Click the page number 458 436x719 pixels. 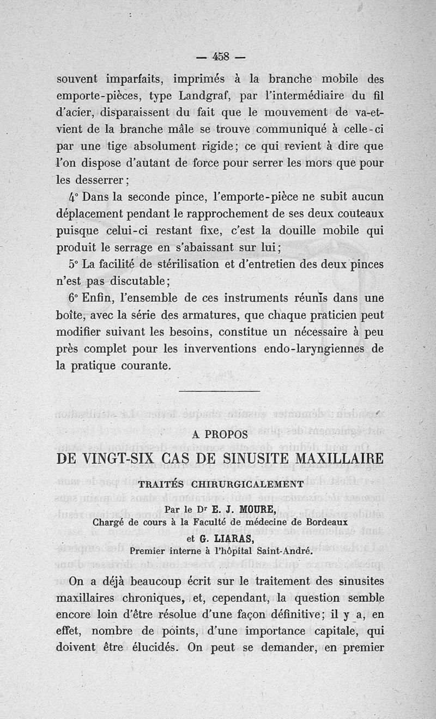tap(221, 56)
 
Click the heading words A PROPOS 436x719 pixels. tap(220, 434)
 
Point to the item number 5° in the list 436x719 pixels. tap(74, 265)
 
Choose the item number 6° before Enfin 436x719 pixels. tap(74, 298)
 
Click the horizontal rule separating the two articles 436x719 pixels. tap(220, 391)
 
